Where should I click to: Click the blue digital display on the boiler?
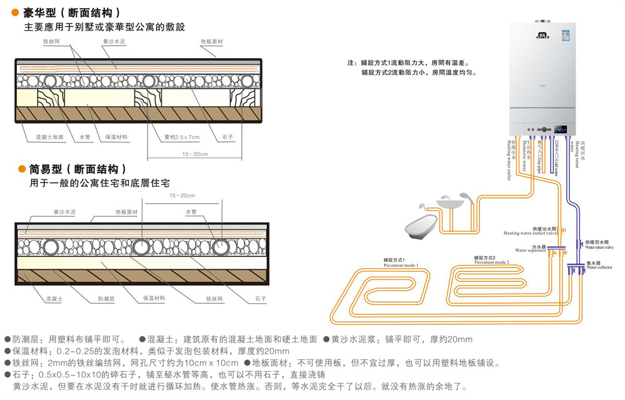point(561,129)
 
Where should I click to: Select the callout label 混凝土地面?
point(50,137)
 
